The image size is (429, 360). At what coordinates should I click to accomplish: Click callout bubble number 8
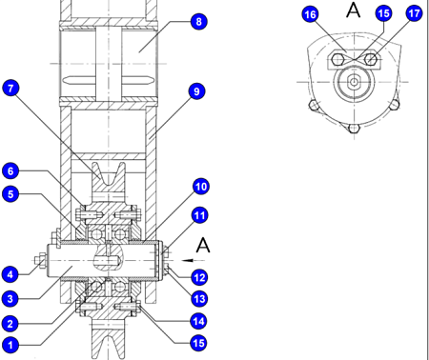199,22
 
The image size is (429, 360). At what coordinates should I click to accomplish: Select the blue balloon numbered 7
10,88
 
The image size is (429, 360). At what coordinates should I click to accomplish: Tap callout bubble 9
196,91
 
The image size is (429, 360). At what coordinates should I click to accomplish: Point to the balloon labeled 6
10,170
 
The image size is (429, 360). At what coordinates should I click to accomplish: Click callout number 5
10,194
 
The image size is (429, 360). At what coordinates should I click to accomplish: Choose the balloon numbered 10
201,187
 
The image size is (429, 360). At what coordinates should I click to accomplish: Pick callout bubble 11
200,215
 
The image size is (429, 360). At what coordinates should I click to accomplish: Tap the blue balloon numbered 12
199,277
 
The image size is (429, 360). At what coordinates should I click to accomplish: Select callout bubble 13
199,299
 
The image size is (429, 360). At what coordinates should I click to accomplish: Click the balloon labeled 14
198,321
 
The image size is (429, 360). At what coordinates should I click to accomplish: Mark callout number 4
10,274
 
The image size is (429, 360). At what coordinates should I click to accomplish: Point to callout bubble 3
10,299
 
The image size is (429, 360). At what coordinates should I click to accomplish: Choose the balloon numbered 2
10,324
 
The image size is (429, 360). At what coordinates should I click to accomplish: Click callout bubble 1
10,345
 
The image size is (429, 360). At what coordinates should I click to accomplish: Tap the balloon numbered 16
310,14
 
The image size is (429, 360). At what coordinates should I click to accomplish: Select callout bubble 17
414,13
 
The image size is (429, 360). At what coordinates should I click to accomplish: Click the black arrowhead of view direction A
188,261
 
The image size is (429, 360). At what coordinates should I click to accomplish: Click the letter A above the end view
354,10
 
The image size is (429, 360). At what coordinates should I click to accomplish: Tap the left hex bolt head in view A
337,59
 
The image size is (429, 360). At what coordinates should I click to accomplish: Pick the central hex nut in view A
354,82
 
